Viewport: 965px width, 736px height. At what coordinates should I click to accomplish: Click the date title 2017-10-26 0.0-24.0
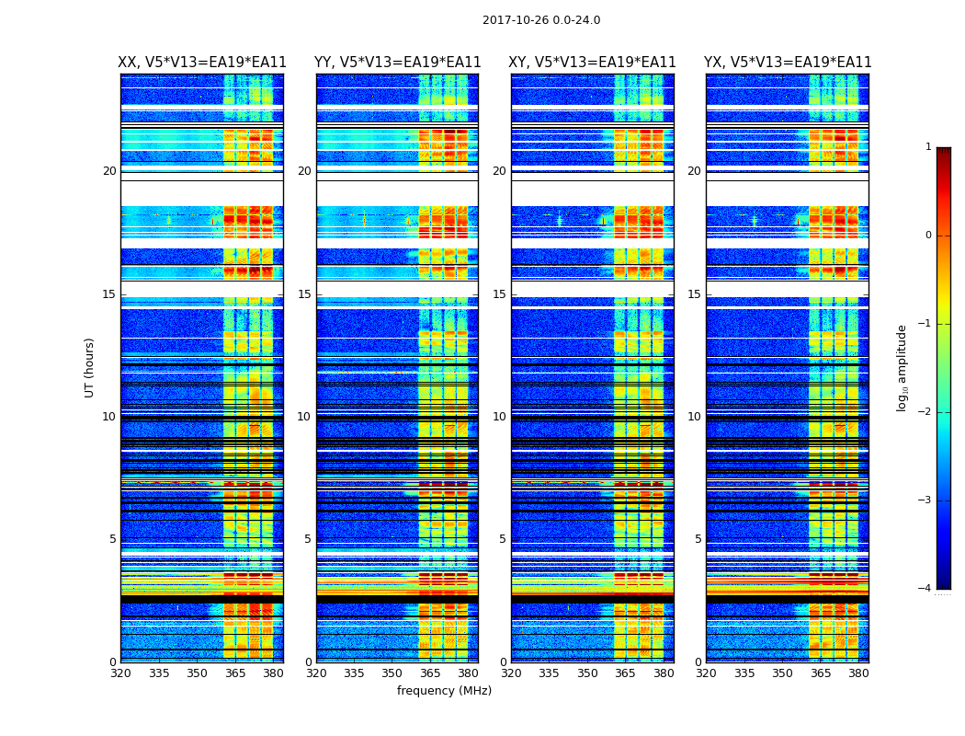pos(541,20)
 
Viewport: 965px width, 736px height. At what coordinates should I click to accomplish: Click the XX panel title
pos(202,63)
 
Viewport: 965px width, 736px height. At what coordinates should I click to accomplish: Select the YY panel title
pos(397,63)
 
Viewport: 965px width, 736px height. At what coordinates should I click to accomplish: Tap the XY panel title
pos(593,63)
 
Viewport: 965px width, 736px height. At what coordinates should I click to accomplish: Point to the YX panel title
pos(788,63)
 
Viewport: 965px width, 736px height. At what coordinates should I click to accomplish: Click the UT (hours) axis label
pos(90,367)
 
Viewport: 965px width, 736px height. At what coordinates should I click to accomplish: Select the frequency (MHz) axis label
pos(444,691)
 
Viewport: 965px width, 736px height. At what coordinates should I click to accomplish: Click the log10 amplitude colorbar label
pos(903,367)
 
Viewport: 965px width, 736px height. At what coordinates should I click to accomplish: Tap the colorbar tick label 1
pos(928,147)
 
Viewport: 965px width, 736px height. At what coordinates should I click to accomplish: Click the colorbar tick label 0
pos(928,236)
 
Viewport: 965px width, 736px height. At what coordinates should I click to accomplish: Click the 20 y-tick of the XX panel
pos(110,171)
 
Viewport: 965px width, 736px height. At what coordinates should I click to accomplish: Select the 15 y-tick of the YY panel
pos(304,294)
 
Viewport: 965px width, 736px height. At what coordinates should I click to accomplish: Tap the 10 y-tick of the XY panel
pos(499,417)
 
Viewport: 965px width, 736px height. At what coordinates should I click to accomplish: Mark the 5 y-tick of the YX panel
pos(698,539)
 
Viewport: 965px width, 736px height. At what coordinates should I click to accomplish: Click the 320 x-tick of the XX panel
pos(120,673)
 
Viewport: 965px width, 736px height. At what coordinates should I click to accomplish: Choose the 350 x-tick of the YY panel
pos(392,673)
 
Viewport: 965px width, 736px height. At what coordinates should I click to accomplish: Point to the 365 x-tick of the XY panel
pos(625,673)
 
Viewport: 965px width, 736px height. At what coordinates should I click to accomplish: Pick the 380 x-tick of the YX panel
pos(858,673)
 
